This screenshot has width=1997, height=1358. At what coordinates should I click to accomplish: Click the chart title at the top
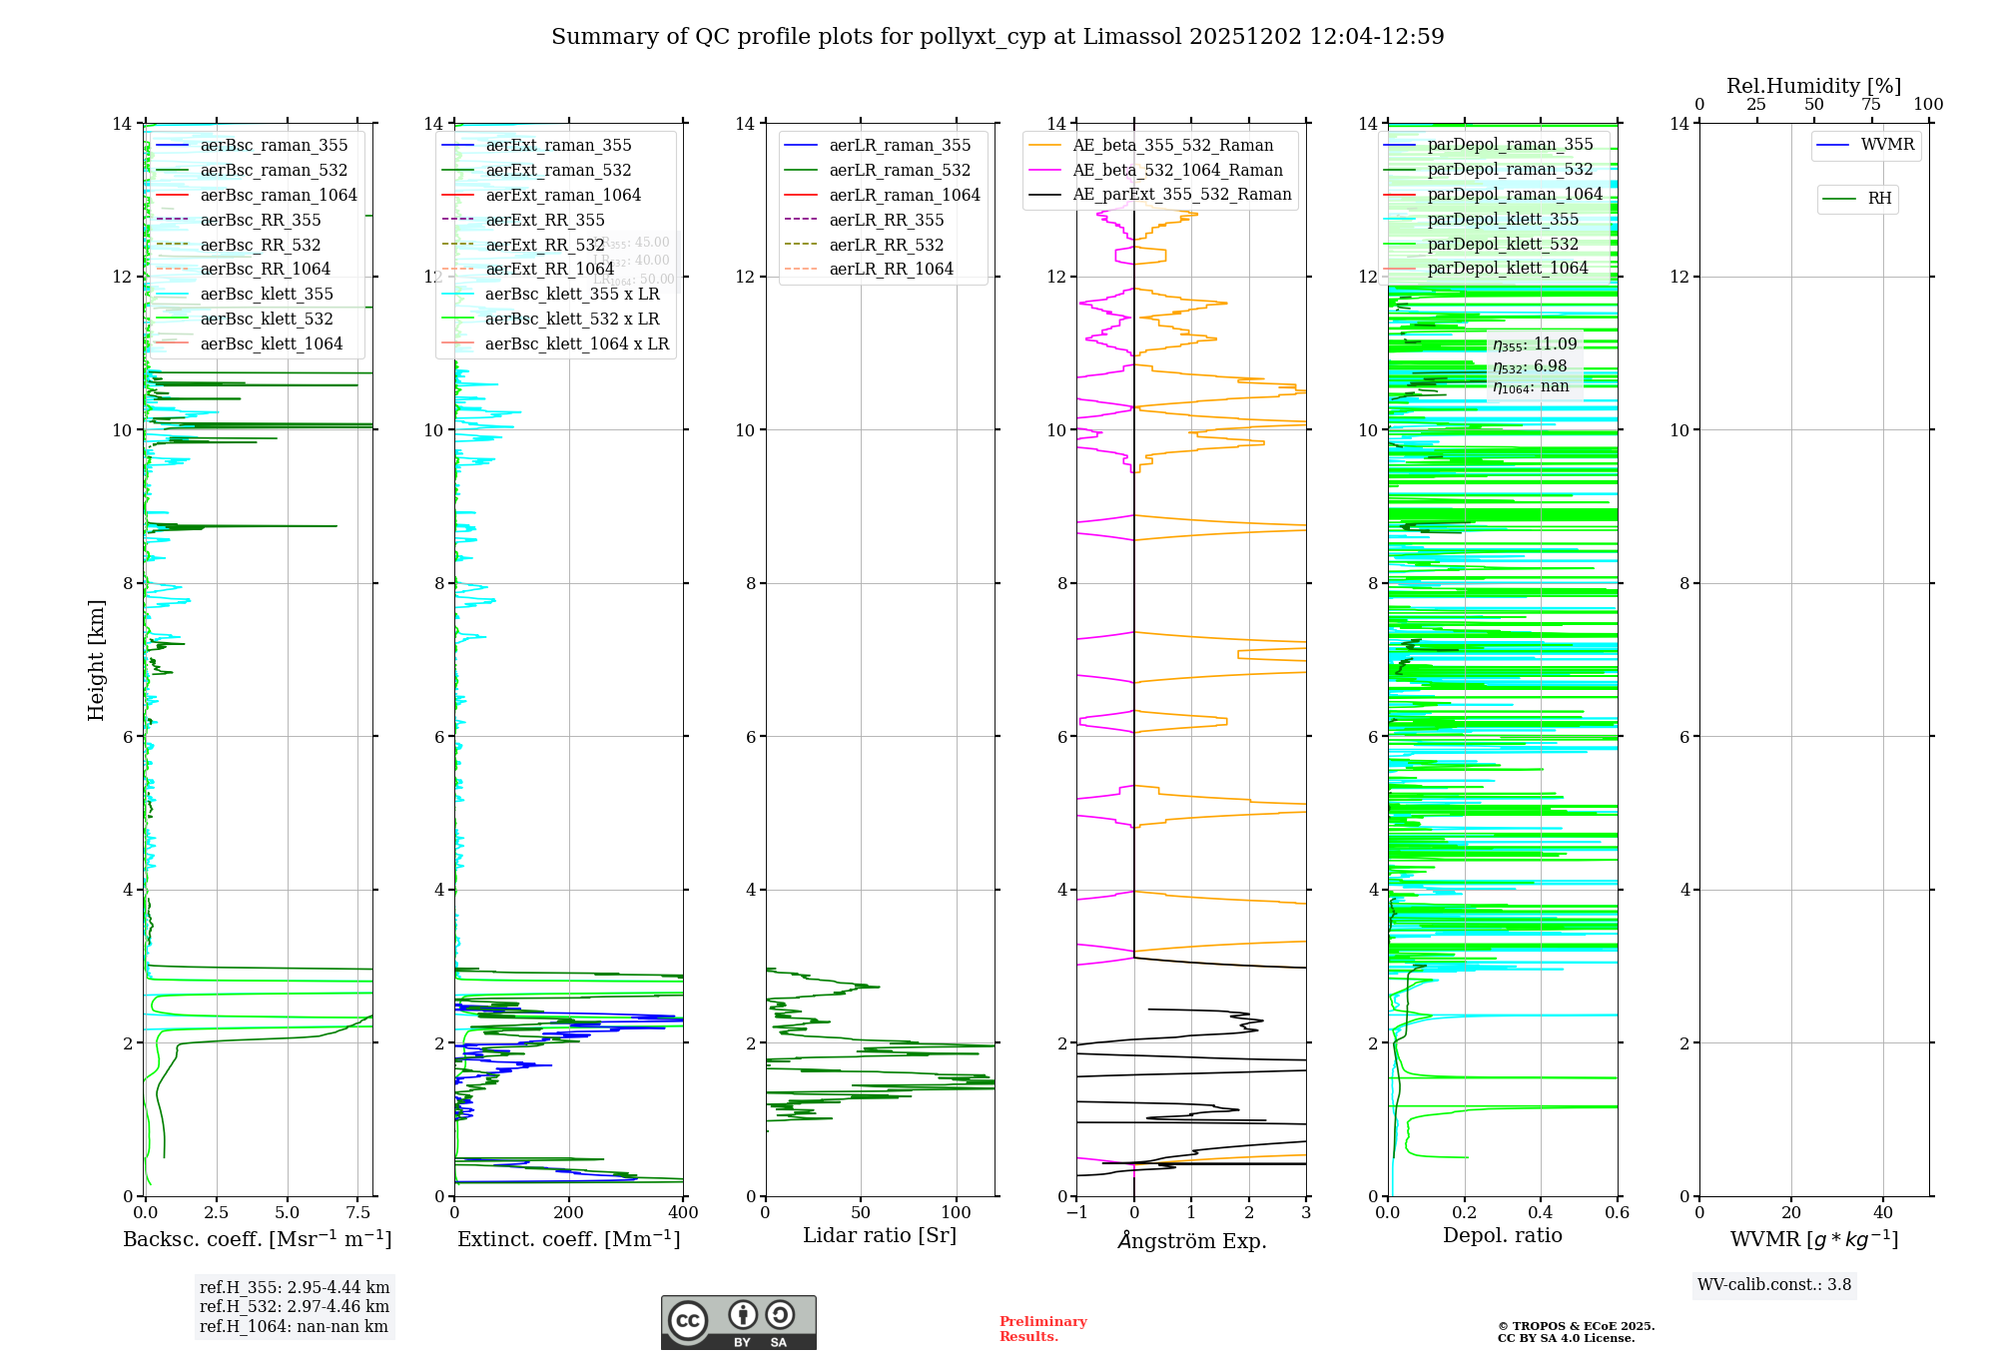998,37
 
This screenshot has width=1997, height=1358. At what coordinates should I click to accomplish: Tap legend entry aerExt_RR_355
544,220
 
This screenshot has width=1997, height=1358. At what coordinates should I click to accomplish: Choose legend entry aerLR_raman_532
899,170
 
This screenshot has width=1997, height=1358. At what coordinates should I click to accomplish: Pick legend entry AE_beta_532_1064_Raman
1177,170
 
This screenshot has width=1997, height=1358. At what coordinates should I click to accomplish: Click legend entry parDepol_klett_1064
1507,268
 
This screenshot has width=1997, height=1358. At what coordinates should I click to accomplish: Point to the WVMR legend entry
1886,145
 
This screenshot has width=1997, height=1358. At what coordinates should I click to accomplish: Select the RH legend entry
1878,199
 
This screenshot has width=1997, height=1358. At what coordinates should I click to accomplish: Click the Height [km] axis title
96,659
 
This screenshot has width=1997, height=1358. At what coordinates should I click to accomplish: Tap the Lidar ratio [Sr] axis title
879,1235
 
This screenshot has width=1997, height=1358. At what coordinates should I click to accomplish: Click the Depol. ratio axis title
1502,1235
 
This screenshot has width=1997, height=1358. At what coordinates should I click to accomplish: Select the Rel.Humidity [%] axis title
1813,86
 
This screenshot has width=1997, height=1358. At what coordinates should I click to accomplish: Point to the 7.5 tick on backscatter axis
358,1212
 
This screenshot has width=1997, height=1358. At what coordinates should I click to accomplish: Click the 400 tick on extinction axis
683,1212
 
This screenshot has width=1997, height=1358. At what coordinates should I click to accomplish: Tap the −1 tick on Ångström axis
1076,1212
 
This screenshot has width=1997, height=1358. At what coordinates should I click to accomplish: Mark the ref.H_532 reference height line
294,1306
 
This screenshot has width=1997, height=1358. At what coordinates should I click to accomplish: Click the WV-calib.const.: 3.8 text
1774,1284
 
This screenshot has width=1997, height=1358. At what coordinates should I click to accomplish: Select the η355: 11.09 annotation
1535,344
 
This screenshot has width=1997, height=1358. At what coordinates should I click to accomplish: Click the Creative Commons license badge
738,1322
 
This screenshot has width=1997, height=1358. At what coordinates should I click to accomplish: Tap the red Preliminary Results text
1042,1328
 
